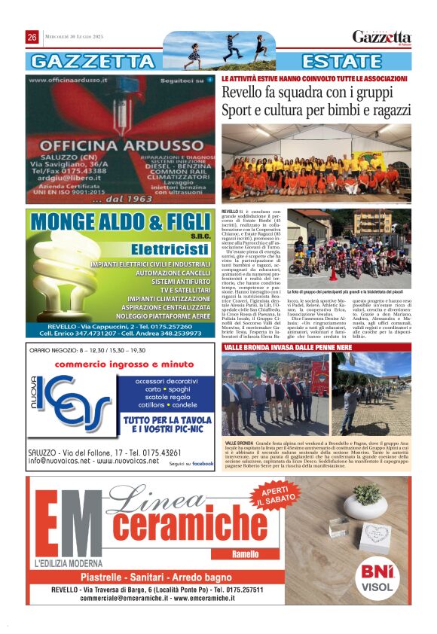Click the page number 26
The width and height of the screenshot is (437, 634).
coord(32,38)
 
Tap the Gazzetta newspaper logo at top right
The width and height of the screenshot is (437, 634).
coord(382,38)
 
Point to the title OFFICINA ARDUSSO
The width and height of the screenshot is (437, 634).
coord(120,146)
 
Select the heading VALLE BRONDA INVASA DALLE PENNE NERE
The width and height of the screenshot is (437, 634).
coord(287,349)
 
